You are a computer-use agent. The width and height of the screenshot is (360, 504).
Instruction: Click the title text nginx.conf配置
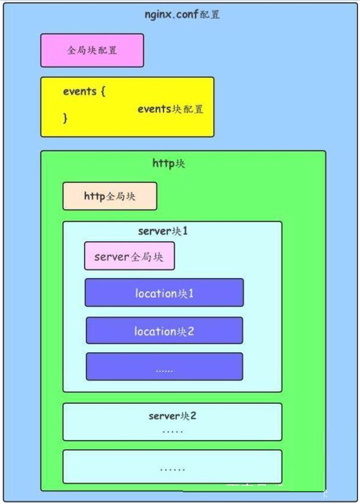coord(182,15)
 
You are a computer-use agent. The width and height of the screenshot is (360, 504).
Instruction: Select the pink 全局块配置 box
coord(92,50)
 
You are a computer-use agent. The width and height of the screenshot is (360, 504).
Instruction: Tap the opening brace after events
coord(103,92)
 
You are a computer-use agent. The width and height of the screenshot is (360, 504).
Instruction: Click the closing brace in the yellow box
coord(65,118)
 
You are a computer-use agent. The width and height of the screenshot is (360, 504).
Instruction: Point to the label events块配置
coord(171,109)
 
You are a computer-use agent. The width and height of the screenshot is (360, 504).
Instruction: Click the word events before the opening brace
coord(79,92)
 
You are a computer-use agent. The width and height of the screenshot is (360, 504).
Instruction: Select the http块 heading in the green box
coord(169,163)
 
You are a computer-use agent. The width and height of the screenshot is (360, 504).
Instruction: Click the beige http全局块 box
coord(110,196)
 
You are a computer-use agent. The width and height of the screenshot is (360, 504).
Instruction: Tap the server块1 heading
coord(163,231)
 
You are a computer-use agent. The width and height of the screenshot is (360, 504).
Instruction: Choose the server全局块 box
coord(129,256)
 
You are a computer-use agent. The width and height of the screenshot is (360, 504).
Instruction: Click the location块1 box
coord(164,293)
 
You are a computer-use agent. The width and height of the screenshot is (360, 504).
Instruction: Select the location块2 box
coord(164,330)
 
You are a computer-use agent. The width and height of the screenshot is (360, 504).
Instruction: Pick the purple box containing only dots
coord(164,366)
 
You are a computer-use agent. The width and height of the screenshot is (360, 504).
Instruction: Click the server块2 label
coord(173,416)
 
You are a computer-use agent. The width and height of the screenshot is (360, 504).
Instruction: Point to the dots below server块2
coord(173,432)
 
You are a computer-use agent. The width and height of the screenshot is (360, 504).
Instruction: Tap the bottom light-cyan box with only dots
coord(173,467)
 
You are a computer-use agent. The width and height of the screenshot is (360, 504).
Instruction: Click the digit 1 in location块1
coord(191,293)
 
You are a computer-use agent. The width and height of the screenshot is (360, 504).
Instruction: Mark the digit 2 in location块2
coord(190,331)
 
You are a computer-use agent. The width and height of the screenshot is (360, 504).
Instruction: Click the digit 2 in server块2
coord(193,416)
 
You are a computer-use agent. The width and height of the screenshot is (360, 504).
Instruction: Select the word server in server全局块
coord(112,257)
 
